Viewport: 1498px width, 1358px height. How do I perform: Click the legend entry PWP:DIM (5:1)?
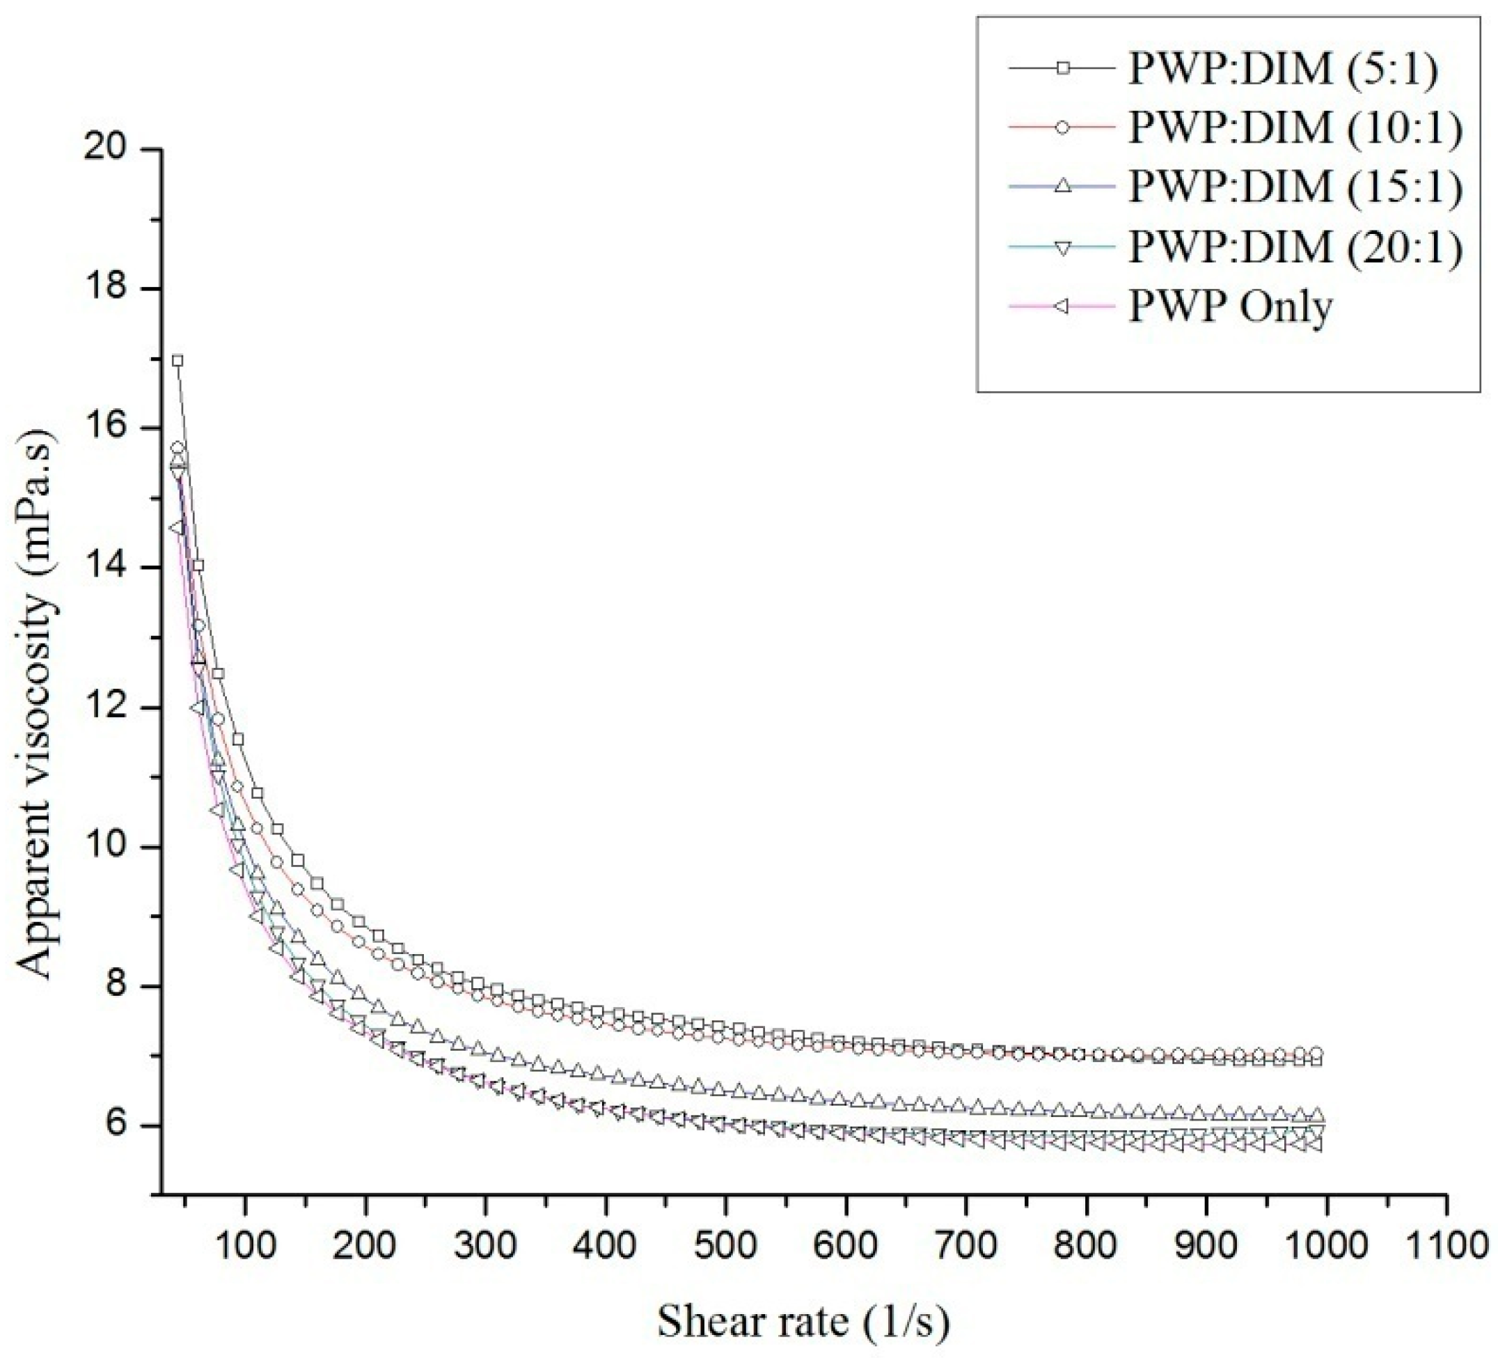(1282, 69)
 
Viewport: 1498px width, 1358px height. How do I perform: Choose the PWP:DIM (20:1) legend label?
(1295, 247)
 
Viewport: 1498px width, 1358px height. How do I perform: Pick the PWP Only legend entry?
(1231, 307)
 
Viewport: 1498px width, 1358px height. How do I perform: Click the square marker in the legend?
(1064, 68)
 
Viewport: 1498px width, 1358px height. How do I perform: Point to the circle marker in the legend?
(1064, 128)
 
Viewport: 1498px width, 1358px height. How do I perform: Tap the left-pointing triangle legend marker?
(1064, 306)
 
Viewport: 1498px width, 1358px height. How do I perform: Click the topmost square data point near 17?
(178, 361)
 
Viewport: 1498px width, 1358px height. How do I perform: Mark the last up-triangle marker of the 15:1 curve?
(1318, 1115)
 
